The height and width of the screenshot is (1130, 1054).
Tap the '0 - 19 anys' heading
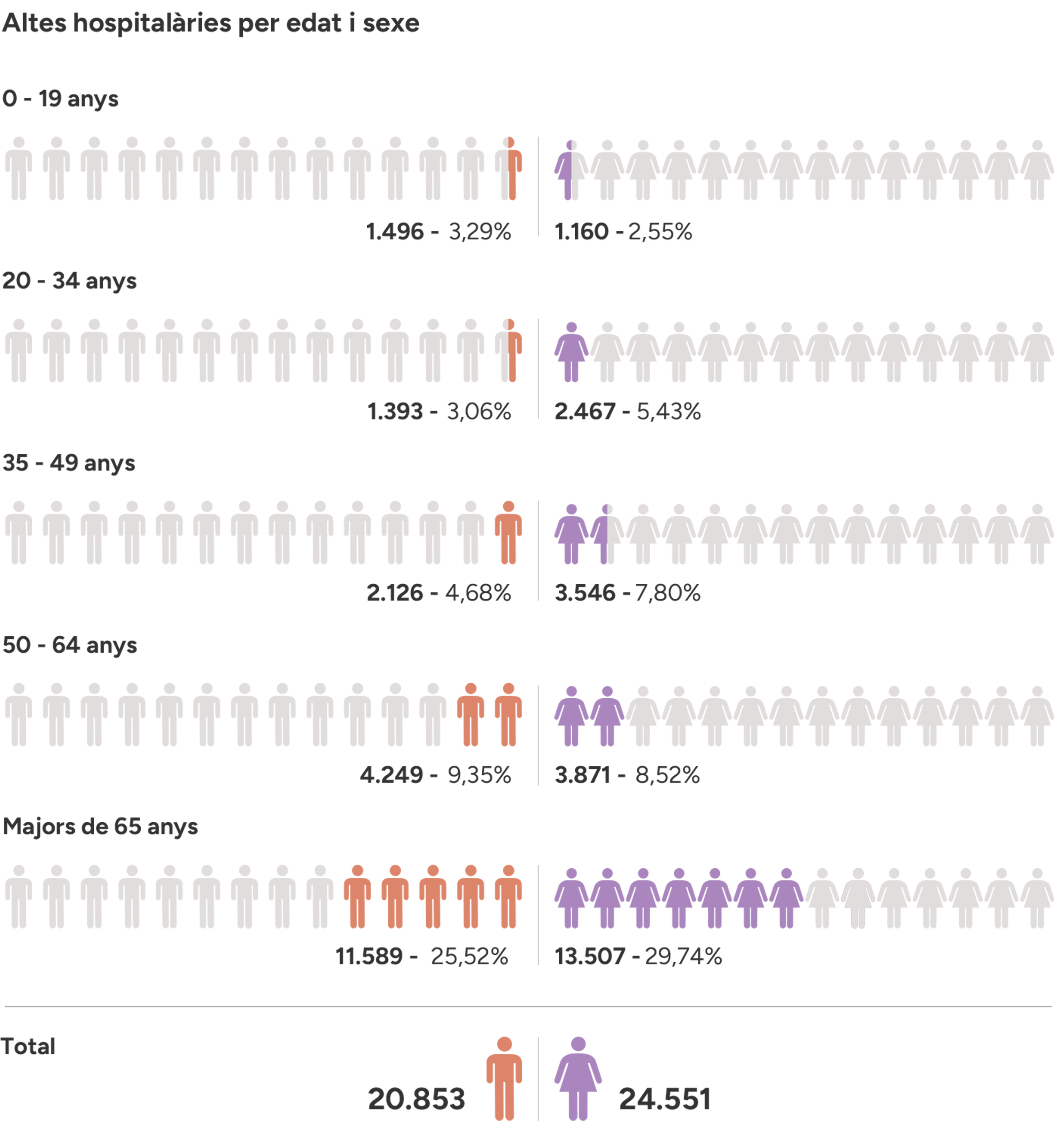click(x=60, y=99)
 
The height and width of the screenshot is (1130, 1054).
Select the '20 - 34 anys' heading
click(x=69, y=281)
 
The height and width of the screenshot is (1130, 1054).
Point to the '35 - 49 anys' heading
click(x=69, y=463)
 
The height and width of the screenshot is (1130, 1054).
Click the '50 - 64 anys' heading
click(x=69, y=645)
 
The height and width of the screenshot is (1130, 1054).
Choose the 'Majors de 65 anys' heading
click(x=100, y=826)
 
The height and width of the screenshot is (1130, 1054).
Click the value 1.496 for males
click(x=395, y=232)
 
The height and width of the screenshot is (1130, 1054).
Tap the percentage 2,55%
click(x=660, y=232)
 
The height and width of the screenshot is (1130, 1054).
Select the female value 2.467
click(x=585, y=412)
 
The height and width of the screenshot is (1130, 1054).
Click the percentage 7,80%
click(x=668, y=593)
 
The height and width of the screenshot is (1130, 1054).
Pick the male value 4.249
click(x=391, y=775)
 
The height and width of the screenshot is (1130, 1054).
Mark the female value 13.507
click(x=590, y=957)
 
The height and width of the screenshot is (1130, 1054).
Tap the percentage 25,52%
click(x=469, y=957)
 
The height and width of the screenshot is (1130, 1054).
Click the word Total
click(x=28, y=1046)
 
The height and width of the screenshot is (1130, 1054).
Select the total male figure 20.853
click(x=416, y=1099)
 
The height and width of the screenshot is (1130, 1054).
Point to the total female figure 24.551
click(x=665, y=1099)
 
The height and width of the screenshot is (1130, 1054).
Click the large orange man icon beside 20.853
click(x=504, y=1078)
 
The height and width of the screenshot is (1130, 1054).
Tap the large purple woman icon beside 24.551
click(x=578, y=1078)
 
